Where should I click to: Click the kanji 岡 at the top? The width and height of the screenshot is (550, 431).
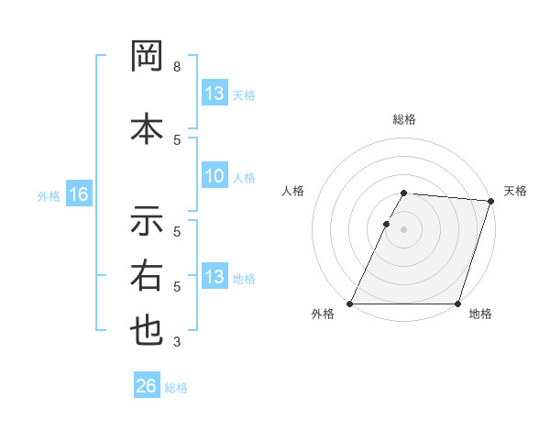coord(147,58)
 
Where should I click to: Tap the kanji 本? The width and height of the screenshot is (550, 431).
coord(147,127)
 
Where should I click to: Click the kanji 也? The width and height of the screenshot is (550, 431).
coord(147,331)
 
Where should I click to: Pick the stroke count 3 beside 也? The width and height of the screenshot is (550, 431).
coord(176,342)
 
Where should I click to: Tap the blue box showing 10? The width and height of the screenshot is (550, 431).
coord(214,177)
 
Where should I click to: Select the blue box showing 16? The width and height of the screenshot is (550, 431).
coord(78,194)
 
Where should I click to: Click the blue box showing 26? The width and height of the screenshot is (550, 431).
coord(147,386)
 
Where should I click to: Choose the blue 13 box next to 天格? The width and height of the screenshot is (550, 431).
coord(214,94)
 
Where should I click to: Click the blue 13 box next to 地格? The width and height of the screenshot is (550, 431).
coord(214,277)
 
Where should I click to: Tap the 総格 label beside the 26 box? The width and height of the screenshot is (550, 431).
coord(176,388)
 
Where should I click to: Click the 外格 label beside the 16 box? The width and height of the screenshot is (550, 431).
coord(48,195)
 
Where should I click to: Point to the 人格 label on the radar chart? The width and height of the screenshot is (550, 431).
coord(292,191)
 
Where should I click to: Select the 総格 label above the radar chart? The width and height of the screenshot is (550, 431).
coord(403,119)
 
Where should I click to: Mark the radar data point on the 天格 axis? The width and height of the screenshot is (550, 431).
coord(491,202)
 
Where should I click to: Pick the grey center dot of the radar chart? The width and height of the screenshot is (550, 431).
coord(403,229)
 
